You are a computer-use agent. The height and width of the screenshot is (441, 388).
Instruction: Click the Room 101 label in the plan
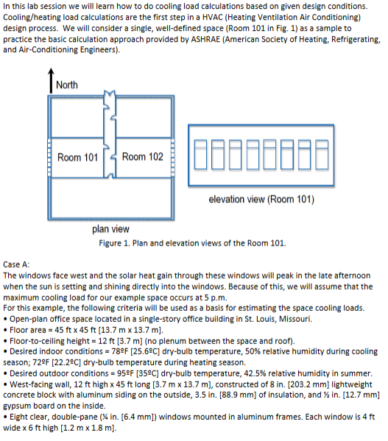click(x=77, y=157)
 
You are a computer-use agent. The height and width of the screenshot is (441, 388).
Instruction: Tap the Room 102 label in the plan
click(x=143, y=157)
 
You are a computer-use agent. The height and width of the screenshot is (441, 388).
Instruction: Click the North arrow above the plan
click(x=51, y=80)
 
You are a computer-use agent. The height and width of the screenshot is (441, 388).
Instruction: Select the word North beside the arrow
click(x=67, y=85)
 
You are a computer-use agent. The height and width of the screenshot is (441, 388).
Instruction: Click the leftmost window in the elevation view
click(x=200, y=154)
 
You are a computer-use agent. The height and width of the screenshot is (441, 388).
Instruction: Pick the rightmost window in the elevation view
click(x=322, y=154)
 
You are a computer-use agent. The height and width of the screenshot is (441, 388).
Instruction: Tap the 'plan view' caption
click(x=110, y=229)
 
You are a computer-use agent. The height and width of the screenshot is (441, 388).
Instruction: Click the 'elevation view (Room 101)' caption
click(x=261, y=199)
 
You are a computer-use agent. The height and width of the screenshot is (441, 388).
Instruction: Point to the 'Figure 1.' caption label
click(x=114, y=243)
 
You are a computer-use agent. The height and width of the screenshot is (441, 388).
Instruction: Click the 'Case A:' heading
click(x=16, y=265)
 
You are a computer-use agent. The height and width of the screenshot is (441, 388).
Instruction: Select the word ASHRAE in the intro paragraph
click(x=205, y=39)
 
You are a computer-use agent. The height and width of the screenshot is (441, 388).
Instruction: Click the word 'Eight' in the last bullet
click(x=19, y=417)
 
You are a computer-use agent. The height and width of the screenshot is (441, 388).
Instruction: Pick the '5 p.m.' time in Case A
click(x=216, y=297)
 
